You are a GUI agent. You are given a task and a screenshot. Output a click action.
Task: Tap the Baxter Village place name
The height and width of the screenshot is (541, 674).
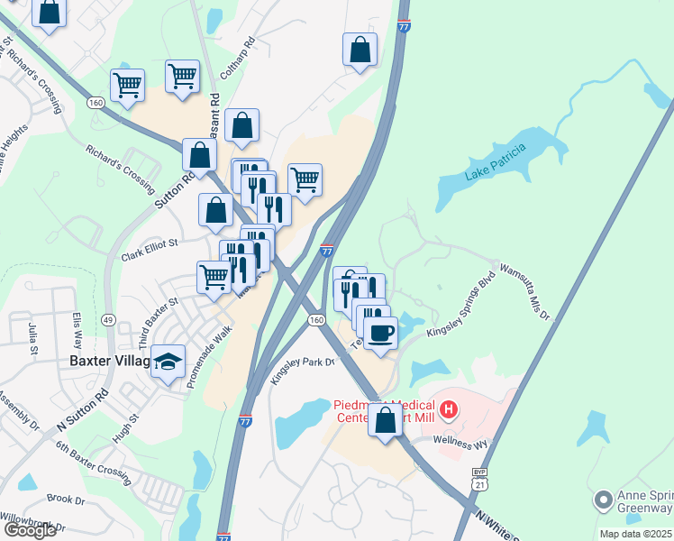point(108,361)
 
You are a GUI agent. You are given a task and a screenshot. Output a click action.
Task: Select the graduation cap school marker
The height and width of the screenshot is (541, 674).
point(168,362)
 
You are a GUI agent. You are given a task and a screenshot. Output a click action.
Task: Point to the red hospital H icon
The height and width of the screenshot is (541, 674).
point(449,408)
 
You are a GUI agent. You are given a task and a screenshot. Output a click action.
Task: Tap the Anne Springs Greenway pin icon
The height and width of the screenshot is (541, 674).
point(604,499)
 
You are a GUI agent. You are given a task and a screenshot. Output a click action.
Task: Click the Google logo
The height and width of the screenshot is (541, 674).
point(30,530)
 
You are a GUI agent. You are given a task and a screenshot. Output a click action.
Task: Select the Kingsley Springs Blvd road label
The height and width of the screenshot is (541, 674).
point(461,307)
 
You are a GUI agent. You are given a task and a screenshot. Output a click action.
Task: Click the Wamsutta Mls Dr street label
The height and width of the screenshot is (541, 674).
point(524,289)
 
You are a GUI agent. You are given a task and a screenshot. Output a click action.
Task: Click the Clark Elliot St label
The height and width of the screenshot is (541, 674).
point(150,249)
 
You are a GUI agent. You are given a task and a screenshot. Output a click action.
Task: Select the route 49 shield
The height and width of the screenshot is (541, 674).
point(108,319)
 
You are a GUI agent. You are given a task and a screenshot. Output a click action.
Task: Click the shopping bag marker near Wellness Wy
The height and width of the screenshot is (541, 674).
point(385,420)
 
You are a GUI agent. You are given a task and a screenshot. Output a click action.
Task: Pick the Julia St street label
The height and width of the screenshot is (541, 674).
point(34,333)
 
